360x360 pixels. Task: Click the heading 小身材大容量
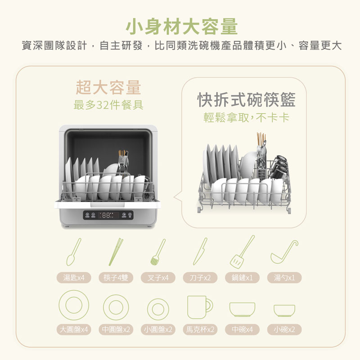(x=182, y=27)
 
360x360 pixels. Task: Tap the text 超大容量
(x=108, y=87)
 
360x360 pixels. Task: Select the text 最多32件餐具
(x=108, y=105)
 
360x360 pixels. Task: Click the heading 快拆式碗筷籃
(x=246, y=99)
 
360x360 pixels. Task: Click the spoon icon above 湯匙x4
(x=74, y=252)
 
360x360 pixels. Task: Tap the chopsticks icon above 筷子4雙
(x=116, y=252)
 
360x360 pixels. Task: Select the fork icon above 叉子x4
(x=158, y=252)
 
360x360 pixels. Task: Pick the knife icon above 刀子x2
(x=200, y=252)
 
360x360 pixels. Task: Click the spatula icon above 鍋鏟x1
(x=242, y=252)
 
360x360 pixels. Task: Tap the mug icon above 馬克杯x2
(x=200, y=307)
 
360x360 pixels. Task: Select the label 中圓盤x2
(x=116, y=329)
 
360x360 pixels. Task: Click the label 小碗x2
(x=284, y=329)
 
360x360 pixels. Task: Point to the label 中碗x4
(x=242, y=329)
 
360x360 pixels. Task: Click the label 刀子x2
(x=200, y=278)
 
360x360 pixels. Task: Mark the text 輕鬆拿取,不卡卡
(x=246, y=117)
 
